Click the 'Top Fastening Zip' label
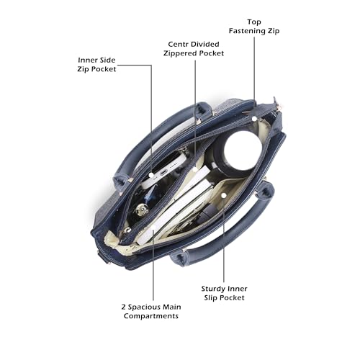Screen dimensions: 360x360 [254, 27]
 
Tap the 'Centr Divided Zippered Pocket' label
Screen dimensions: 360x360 [194, 49]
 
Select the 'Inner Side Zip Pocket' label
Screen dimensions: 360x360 [96, 65]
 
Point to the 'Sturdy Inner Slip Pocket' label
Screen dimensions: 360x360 [224, 293]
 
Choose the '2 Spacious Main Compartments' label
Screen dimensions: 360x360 [151, 311]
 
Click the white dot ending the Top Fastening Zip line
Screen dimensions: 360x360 [254, 119]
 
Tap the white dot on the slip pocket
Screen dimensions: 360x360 [224, 196]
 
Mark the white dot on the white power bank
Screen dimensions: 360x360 [151, 175]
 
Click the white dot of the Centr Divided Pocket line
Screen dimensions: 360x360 [195, 169]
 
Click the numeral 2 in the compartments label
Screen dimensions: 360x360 [123, 307]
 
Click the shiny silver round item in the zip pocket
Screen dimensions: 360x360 [142, 210]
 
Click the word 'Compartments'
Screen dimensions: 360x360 [151, 316]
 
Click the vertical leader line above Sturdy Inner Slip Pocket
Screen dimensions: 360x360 [224, 240]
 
